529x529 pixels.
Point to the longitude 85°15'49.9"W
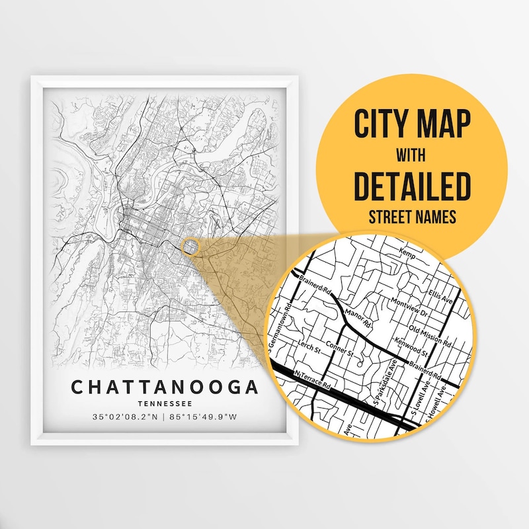(204, 418)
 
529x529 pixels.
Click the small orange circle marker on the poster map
(190, 247)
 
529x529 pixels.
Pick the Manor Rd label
(356, 317)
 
